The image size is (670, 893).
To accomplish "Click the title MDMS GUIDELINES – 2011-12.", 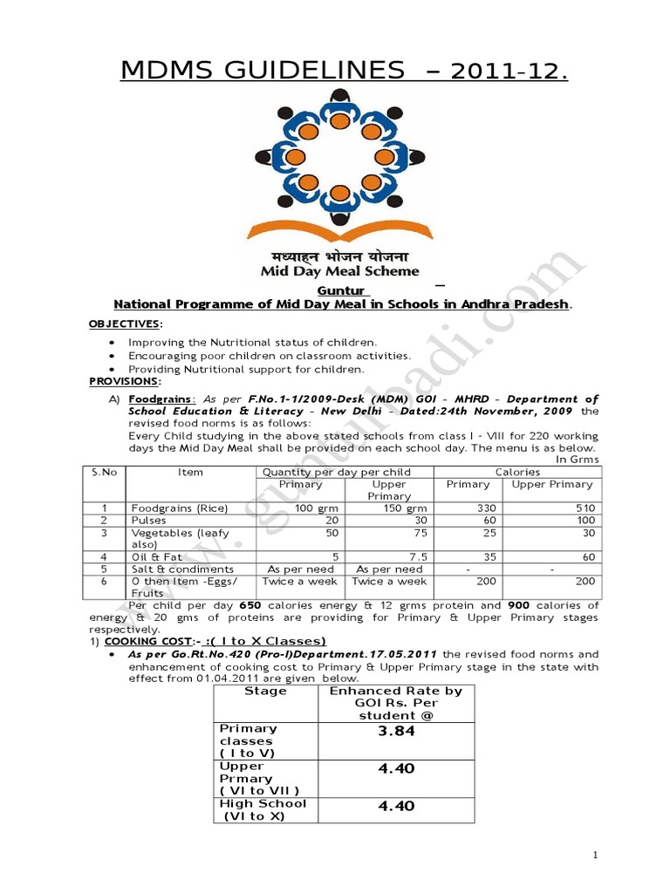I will pos(344,70).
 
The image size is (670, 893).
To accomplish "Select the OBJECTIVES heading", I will pos(125,324).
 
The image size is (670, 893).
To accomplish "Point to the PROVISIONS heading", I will pos(124,382).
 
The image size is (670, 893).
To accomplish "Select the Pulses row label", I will pos(150,521).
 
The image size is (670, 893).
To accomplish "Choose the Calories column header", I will pos(518,472).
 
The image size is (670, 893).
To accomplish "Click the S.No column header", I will pos(104,472).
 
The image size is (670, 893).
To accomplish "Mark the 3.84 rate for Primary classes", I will pos(396,732).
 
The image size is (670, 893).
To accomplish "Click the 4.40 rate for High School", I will pos(396,807).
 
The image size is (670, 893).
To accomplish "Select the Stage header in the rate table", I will pos(266,691).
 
